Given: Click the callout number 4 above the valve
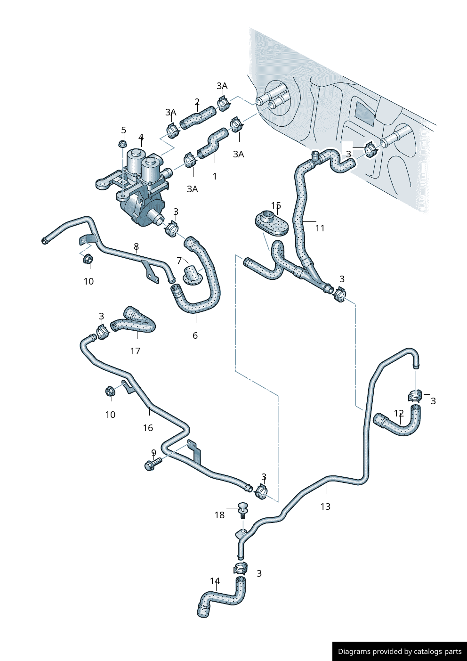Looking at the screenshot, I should (x=141, y=138).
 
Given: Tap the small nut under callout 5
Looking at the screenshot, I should (x=123, y=144).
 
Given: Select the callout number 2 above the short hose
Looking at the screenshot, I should (x=197, y=102).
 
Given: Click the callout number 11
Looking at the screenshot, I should (x=320, y=228).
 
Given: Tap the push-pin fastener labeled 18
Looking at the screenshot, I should (x=243, y=510).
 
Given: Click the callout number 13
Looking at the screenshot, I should (x=325, y=506).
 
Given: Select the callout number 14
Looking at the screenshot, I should (x=215, y=581).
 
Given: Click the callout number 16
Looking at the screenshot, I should (x=148, y=428).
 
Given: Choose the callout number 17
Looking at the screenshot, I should (x=135, y=351).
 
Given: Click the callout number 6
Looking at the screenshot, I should (x=195, y=335).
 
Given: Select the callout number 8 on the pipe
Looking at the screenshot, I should (x=136, y=246).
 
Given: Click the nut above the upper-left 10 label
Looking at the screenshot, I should (x=88, y=259).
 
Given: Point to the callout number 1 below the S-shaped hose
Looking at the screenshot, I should (x=215, y=176).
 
